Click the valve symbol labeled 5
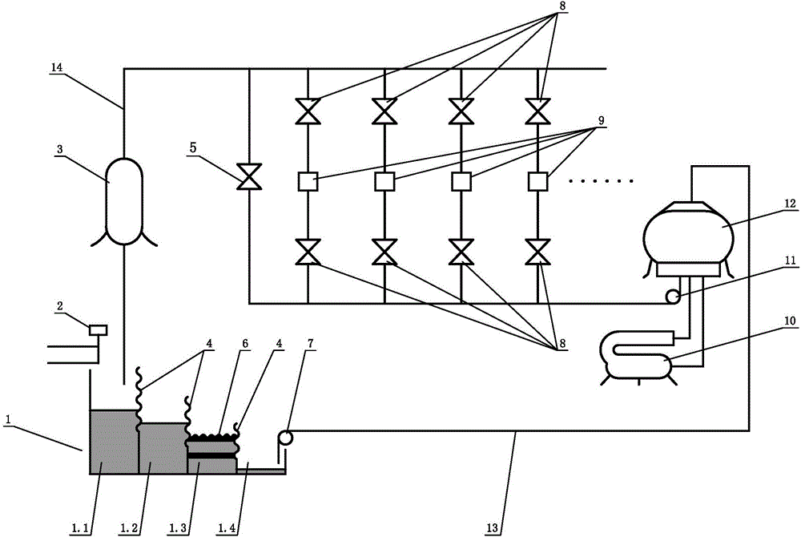249,177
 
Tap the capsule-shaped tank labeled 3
124,201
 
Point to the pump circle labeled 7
285,438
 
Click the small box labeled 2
98,330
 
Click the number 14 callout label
56,67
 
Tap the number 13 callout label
492,528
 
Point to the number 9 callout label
601,120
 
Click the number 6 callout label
245,343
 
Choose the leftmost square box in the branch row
308,181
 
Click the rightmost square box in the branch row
537,181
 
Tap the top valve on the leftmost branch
308,111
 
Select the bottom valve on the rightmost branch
537,252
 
